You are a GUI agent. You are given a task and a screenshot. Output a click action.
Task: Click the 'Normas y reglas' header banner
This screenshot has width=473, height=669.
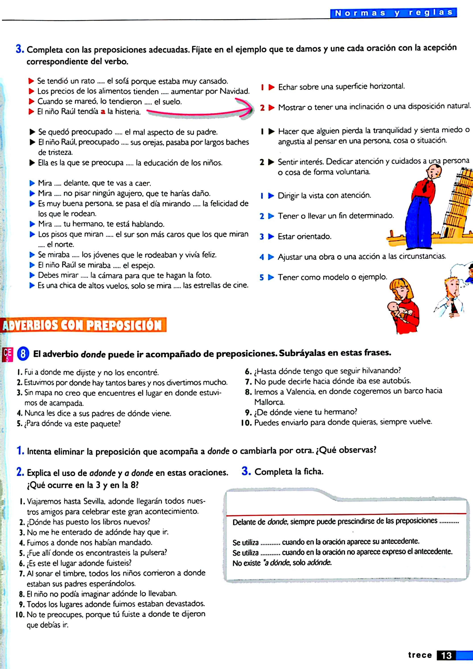(393, 13)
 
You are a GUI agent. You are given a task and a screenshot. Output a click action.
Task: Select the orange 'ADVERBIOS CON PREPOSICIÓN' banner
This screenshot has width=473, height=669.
(84, 325)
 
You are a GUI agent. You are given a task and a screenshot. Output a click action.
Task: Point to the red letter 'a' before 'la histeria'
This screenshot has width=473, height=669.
(103, 111)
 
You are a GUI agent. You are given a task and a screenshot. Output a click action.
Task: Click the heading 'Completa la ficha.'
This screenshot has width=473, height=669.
(289, 471)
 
